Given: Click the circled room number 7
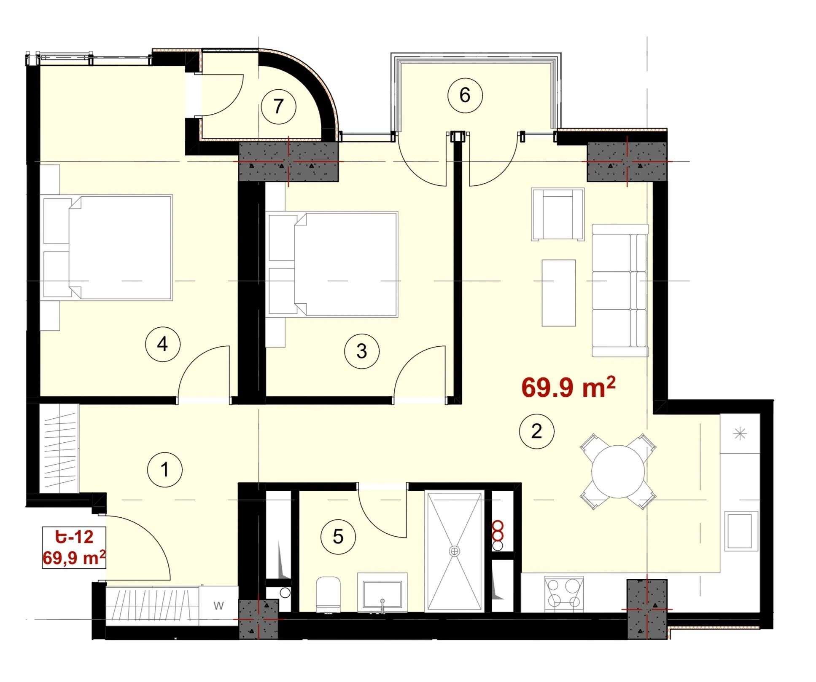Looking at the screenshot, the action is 278,107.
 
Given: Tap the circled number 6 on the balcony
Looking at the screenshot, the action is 465,95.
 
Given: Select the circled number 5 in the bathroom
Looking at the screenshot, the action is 338,537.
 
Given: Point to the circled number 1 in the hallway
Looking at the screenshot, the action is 165,470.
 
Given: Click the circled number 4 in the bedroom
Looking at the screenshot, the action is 163,344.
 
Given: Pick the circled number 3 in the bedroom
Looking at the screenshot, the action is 362,351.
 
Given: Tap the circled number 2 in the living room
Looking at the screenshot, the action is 536,431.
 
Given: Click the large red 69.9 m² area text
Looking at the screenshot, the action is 568,387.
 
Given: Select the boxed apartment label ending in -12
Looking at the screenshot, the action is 74,547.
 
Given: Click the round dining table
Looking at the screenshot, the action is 618,471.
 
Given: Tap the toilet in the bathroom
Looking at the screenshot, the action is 328,594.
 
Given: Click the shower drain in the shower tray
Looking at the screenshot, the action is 454,551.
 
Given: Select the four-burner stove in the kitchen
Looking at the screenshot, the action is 564,594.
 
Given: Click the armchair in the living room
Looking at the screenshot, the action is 558,214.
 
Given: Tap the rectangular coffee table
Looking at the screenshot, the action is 559,293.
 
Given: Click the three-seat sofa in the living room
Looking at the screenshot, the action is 620,291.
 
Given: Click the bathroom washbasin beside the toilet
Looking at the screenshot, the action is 382,592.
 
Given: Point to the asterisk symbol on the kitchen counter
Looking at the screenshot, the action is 740,433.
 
